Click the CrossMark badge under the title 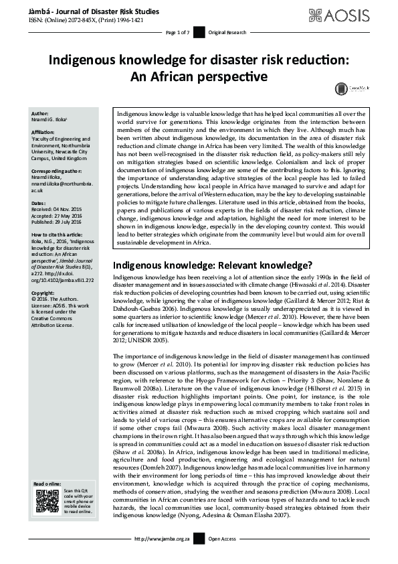tap(341, 88)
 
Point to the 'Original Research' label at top tap(223, 32)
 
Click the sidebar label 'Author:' tap(40, 114)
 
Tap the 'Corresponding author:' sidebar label tap(56, 171)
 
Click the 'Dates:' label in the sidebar tap(39, 202)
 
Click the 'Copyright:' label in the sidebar tap(43, 293)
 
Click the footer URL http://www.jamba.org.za tap(162, 557)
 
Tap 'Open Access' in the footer tap(223, 557)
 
